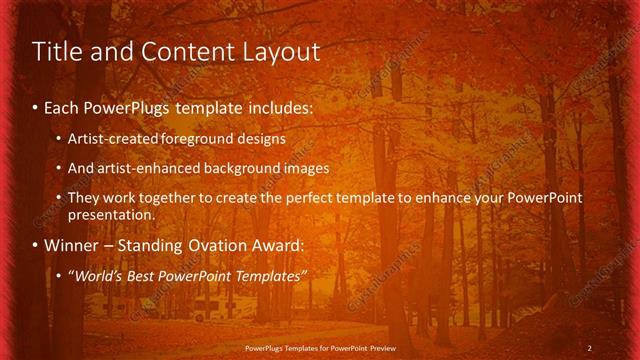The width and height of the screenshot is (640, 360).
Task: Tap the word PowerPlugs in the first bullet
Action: coord(122,106)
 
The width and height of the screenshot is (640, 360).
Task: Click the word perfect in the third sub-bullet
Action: coord(307,198)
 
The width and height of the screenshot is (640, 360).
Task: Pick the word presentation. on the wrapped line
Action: coord(112,214)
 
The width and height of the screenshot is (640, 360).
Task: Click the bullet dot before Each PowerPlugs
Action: coord(36,107)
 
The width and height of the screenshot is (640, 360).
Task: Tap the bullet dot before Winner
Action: coord(36,246)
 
